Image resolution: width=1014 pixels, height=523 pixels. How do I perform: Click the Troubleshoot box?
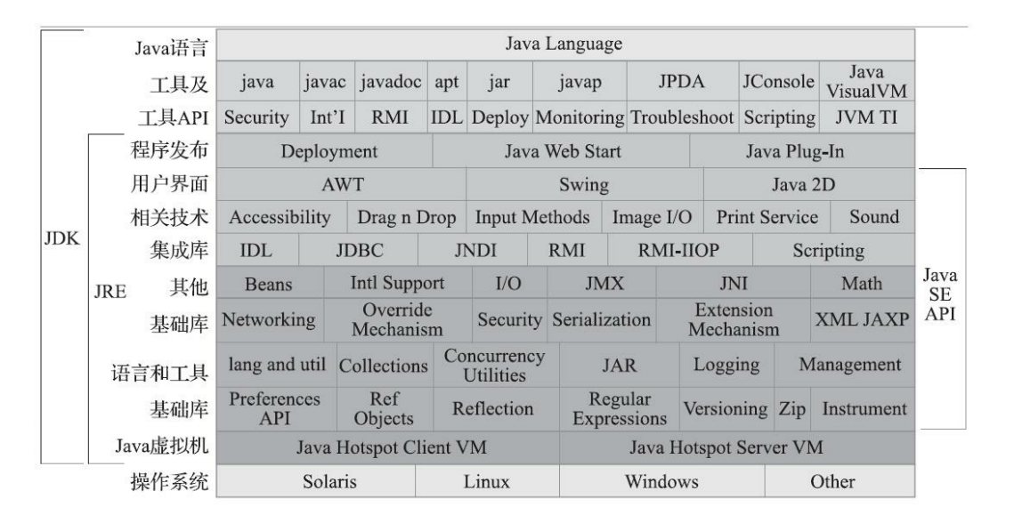682,117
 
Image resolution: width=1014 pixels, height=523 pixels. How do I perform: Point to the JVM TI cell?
866,117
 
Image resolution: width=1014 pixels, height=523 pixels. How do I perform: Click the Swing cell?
584,185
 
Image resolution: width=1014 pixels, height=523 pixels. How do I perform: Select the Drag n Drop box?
406,217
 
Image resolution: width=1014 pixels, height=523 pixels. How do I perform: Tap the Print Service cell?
767,217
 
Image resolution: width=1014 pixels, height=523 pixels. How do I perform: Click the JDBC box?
359,251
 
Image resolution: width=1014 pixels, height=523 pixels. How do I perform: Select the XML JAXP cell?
862,319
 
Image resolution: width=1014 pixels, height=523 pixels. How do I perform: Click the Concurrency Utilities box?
494,365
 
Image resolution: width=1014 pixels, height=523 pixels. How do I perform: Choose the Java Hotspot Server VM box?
737,447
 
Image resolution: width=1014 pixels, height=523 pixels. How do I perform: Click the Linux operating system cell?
487,482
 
